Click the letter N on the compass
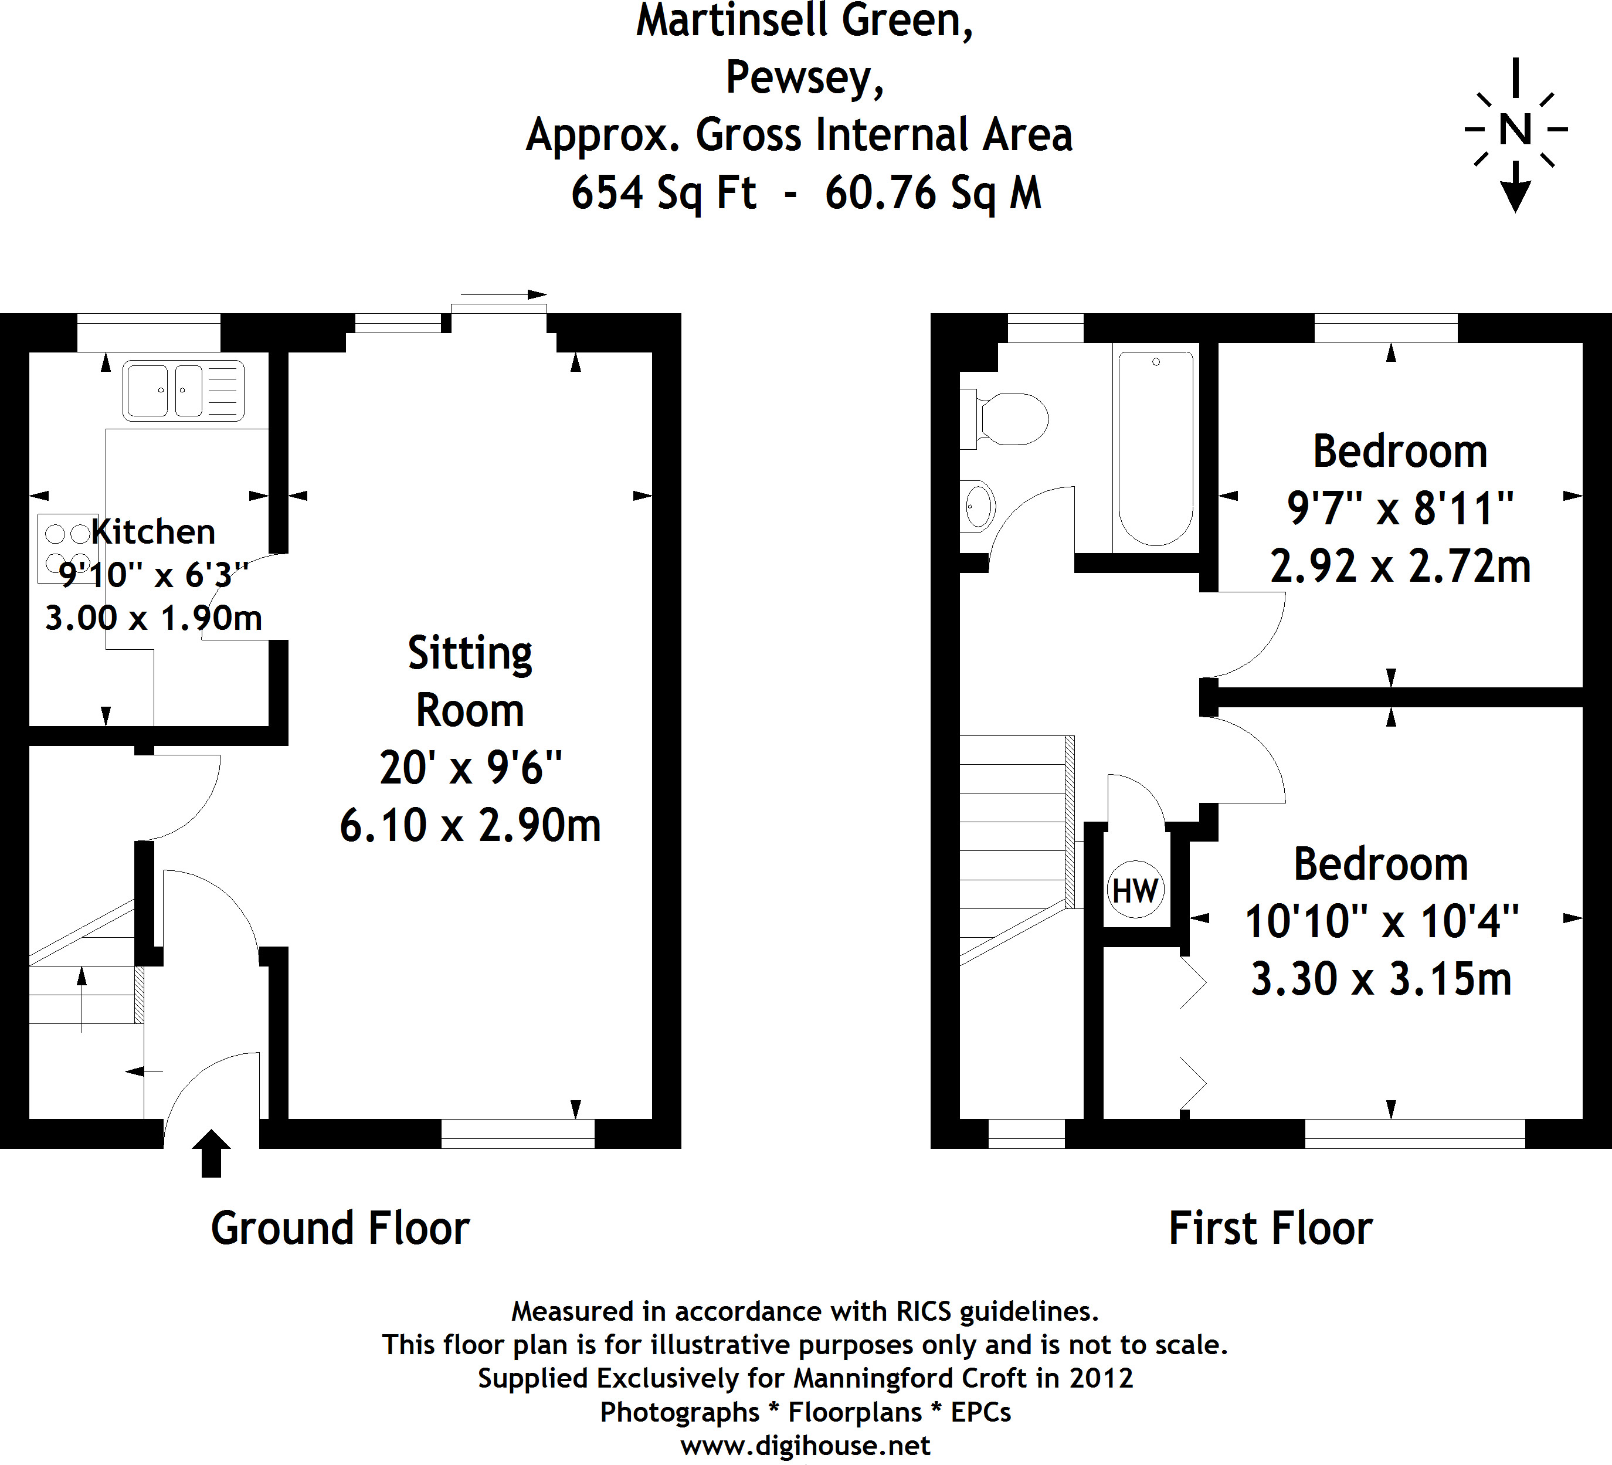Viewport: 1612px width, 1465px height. click(x=1515, y=130)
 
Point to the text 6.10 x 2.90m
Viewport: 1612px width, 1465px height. click(x=470, y=825)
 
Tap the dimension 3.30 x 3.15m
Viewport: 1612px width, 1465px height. click(x=1381, y=979)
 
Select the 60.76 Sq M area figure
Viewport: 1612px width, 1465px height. click(x=933, y=193)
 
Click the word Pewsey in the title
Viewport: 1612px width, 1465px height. click(x=805, y=79)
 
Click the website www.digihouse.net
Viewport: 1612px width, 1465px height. click(x=805, y=1445)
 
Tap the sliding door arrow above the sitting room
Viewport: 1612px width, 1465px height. click(x=504, y=294)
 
